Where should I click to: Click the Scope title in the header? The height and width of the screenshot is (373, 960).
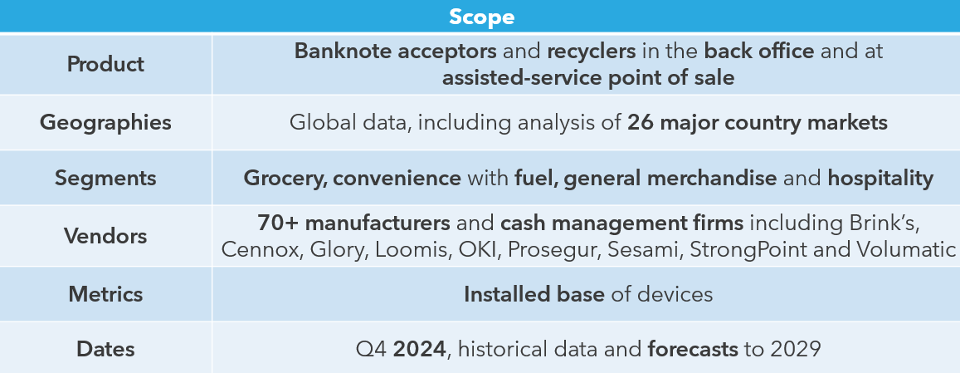481,17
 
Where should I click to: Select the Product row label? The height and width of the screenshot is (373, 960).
105,64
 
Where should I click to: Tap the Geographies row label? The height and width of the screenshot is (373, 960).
105,123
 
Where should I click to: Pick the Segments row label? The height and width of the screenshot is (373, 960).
105,178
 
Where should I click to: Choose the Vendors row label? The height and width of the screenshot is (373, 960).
105,236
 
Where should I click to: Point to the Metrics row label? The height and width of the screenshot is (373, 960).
105,294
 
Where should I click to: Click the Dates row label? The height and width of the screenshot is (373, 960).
105,349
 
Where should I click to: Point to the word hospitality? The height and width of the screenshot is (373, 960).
880,179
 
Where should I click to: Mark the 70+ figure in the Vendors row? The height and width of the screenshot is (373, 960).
278,223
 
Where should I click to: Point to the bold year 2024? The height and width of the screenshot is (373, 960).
419,350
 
